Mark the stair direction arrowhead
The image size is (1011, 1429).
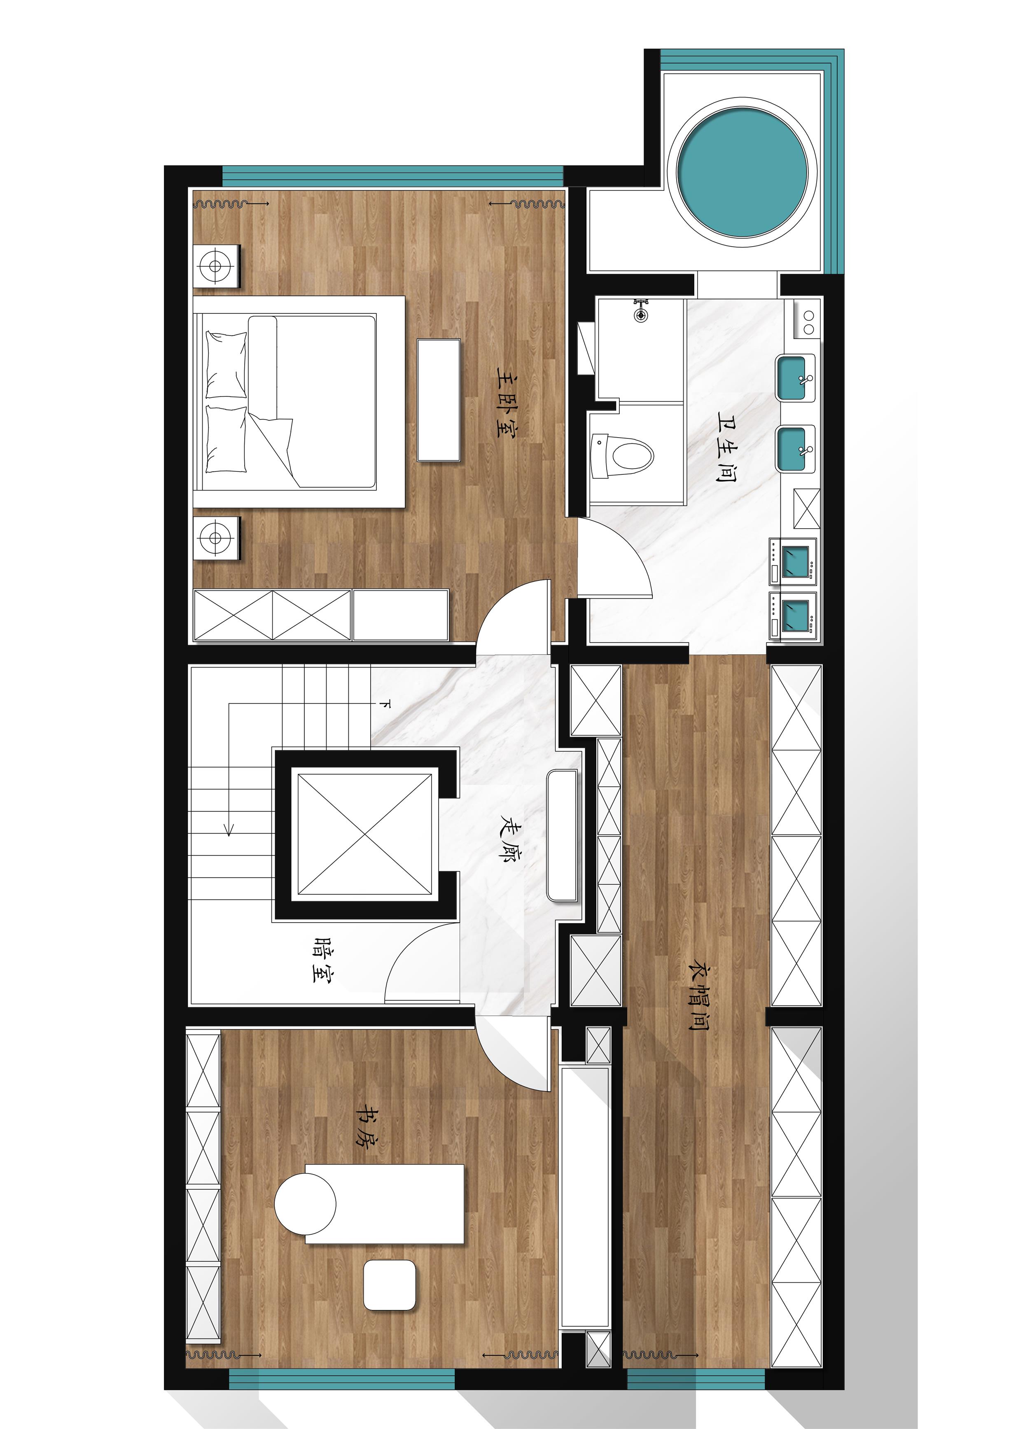pyautogui.click(x=229, y=830)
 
